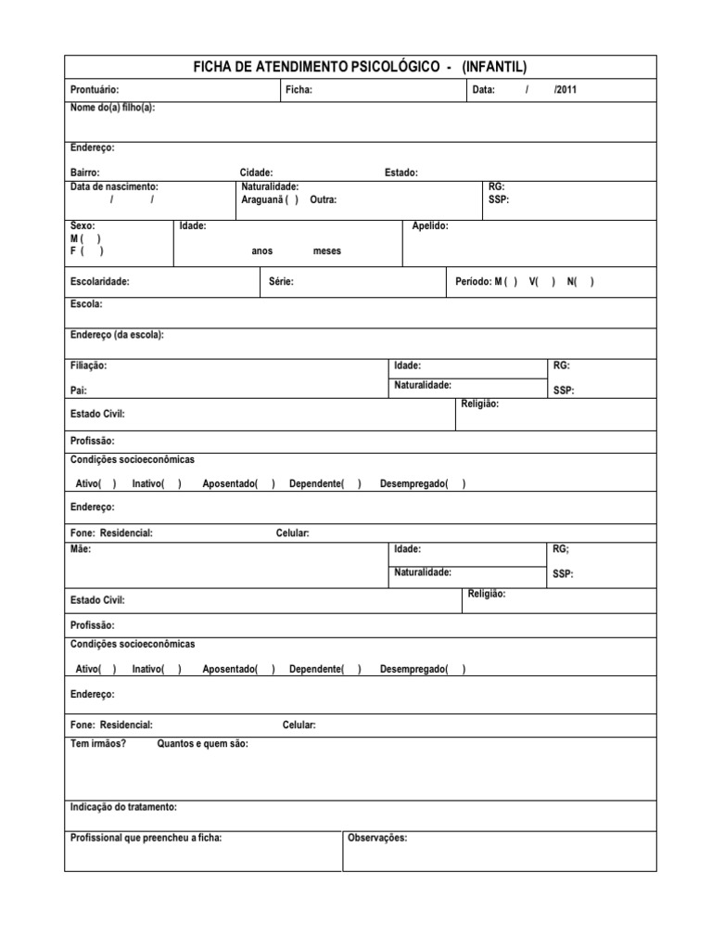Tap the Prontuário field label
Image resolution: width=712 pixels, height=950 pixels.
tap(95, 90)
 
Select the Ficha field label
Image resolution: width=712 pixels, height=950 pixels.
tap(299, 90)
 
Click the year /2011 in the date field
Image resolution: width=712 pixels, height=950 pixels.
tap(565, 90)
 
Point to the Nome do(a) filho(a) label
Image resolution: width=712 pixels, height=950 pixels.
tap(113, 108)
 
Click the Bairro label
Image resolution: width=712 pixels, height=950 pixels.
tap(85, 173)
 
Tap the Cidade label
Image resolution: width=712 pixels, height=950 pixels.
tap(256, 173)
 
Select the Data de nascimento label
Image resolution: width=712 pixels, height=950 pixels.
tap(114, 186)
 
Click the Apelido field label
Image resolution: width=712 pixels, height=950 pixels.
tap(430, 225)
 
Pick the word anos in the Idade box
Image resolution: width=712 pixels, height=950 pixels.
tap(262, 251)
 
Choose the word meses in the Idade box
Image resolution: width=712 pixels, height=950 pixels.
tap(327, 251)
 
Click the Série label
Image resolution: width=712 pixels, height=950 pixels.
tap(281, 281)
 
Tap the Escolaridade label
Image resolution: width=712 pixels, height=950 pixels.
tap(100, 281)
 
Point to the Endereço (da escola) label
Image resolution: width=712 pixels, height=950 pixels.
tap(117, 335)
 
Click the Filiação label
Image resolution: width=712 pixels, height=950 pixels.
tap(89, 366)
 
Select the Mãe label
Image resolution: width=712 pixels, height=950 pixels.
tap(81, 549)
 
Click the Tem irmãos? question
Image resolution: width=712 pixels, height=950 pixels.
tap(98, 743)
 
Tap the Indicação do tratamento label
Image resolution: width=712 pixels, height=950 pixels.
tap(123, 807)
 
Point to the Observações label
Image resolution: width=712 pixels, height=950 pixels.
tap(377, 838)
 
